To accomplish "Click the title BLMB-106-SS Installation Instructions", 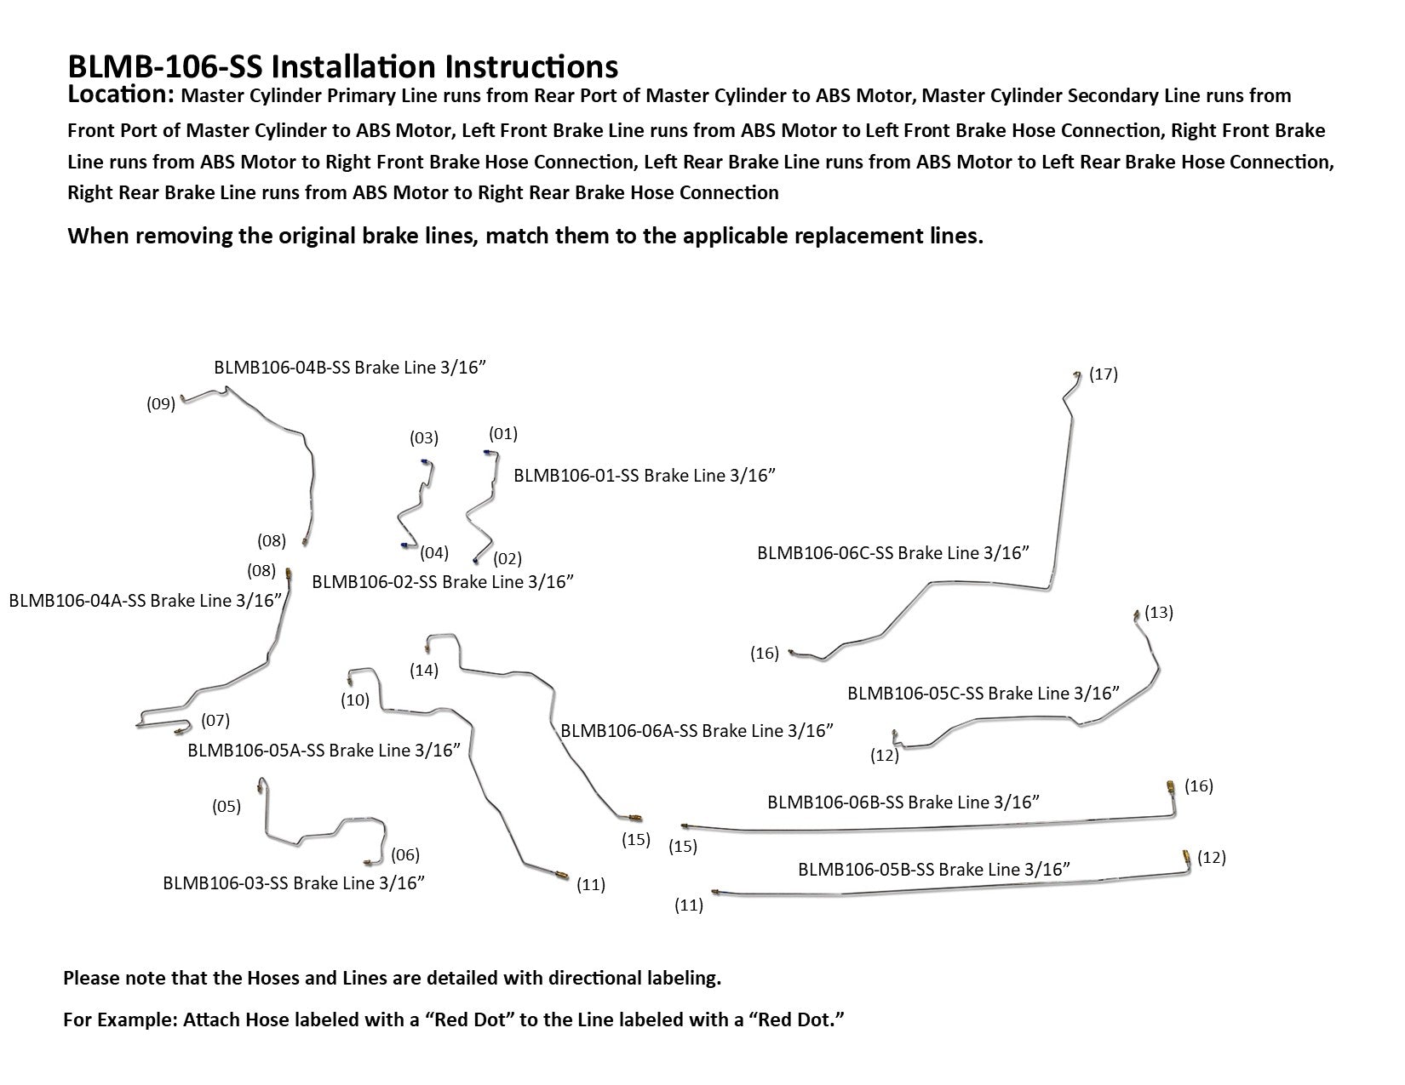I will (x=342, y=66).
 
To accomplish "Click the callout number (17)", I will (x=1103, y=374).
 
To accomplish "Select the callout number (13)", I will (x=1158, y=612).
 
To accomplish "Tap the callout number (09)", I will (x=160, y=404).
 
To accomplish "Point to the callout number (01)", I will (x=502, y=434).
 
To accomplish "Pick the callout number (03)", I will (x=423, y=438).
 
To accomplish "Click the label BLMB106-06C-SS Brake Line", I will (x=892, y=553).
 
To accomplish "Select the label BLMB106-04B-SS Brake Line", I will (x=349, y=368).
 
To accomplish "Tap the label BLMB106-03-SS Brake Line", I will (x=293, y=882).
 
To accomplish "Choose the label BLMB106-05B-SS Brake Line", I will (x=933, y=870).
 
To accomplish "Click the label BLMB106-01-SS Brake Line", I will (x=644, y=476).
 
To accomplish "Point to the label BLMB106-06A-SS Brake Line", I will (x=696, y=730).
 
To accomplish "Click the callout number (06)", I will (x=405, y=854).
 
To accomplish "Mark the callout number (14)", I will (x=423, y=671).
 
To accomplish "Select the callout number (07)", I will (x=215, y=721).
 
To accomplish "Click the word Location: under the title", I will (x=120, y=94).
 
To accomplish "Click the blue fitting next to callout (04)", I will (x=403, y=545).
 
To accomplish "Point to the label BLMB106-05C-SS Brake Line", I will (x=983, y=694).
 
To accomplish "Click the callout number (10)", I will (x=354, y=700).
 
